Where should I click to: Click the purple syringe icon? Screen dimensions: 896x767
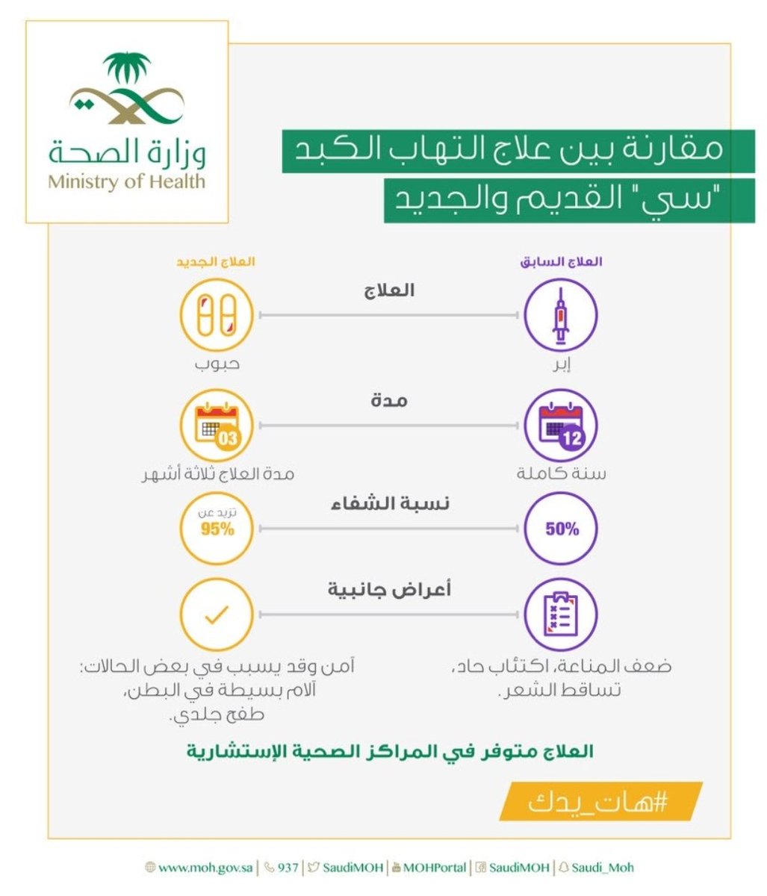coord(560,316)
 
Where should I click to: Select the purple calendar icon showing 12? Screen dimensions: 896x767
coord(560,426)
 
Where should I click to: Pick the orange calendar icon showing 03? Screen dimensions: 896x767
coord(217,426)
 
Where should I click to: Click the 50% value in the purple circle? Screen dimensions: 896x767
coord(562,529)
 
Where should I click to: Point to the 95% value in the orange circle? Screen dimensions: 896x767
coord(217,529)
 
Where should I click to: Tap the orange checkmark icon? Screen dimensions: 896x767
coord(217,615)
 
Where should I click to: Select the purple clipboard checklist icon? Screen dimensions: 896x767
coord(560,615)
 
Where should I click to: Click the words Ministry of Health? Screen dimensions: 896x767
coord(126,181)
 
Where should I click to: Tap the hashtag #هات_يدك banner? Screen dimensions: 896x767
coord(600,802)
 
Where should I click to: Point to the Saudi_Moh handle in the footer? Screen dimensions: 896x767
coord(602,868)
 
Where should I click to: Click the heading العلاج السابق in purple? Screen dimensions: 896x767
coord(562,262)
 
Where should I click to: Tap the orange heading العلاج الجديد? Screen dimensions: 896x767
coord(216,262)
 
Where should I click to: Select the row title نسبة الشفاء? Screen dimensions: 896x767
coord(389,504)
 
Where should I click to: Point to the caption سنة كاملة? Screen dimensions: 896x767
coord(562,473)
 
